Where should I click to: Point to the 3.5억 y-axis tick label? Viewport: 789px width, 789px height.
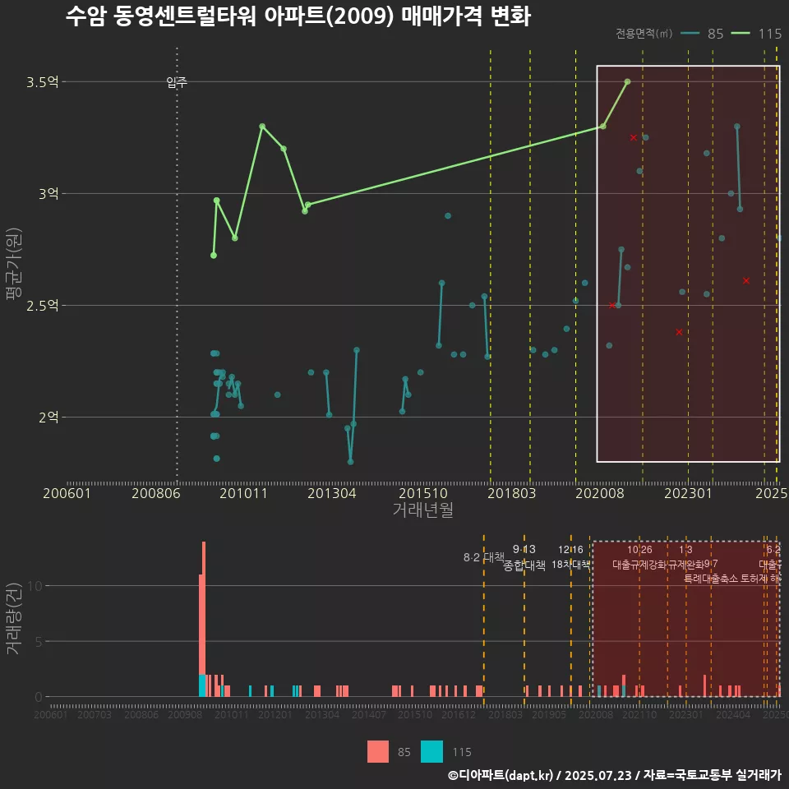(x=42, y=82)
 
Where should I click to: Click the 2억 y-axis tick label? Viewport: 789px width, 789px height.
(x=48, y=418)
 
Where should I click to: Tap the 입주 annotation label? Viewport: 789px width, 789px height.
(x=177, y=82)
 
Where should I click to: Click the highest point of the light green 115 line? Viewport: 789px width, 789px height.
(x=627, y=81)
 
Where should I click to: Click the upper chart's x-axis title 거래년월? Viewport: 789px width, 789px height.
(x=422, y=510)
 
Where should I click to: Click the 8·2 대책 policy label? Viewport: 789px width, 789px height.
(x=483, y=557)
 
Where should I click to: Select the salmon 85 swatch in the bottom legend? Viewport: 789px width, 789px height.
(x=377, y=751)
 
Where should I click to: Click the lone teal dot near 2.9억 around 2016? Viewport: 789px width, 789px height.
(x=448, y=215)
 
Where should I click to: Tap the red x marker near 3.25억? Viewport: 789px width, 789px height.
(x=633, y=137)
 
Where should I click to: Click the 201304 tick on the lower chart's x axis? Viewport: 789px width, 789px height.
(x=322, y=715)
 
